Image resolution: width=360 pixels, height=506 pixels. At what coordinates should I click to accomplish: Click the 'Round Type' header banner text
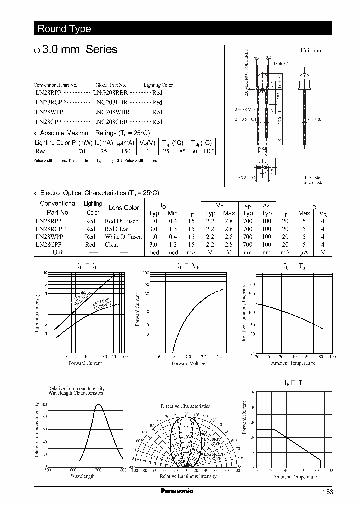pyautogui.click(x=64, y=29)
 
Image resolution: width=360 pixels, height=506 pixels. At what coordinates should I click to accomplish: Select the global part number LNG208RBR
pyautogui.click(x=111, y=93)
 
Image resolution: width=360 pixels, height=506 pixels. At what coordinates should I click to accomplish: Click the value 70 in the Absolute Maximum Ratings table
pyautogui.click(x=83, y=151)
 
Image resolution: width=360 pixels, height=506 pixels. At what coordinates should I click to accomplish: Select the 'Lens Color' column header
pyautogui.click(x=123, y=208)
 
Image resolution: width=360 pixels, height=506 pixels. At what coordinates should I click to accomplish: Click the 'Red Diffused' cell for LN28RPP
pyautogui.click(x=122, y=221)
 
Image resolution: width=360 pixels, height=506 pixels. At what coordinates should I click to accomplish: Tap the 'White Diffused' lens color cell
pyautogui.click(x=123, y=237)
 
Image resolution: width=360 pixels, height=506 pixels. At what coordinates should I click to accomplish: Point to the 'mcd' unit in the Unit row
pyautogui.click(x=153, y=252)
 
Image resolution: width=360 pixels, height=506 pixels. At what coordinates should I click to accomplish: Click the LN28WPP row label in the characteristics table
pyautogui.click(x=50, y=237)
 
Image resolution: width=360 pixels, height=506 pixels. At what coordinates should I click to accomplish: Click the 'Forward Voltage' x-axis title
pyautogui.click(x=188, y=363)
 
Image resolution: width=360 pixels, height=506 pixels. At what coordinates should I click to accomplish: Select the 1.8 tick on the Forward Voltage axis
pyautogui.click(x=173, y=357)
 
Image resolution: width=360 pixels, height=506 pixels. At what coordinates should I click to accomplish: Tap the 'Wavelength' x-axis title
pyautogui.click(x=82, y=476)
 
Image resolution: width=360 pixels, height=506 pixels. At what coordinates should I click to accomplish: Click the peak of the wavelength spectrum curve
pyautogui.click(x=98, y=404)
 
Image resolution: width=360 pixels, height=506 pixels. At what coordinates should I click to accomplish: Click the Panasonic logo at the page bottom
pyautogui.click(x=177, y=491)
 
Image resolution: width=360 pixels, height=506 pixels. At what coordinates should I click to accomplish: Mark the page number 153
pyautogui.click(x=327, y=492)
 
